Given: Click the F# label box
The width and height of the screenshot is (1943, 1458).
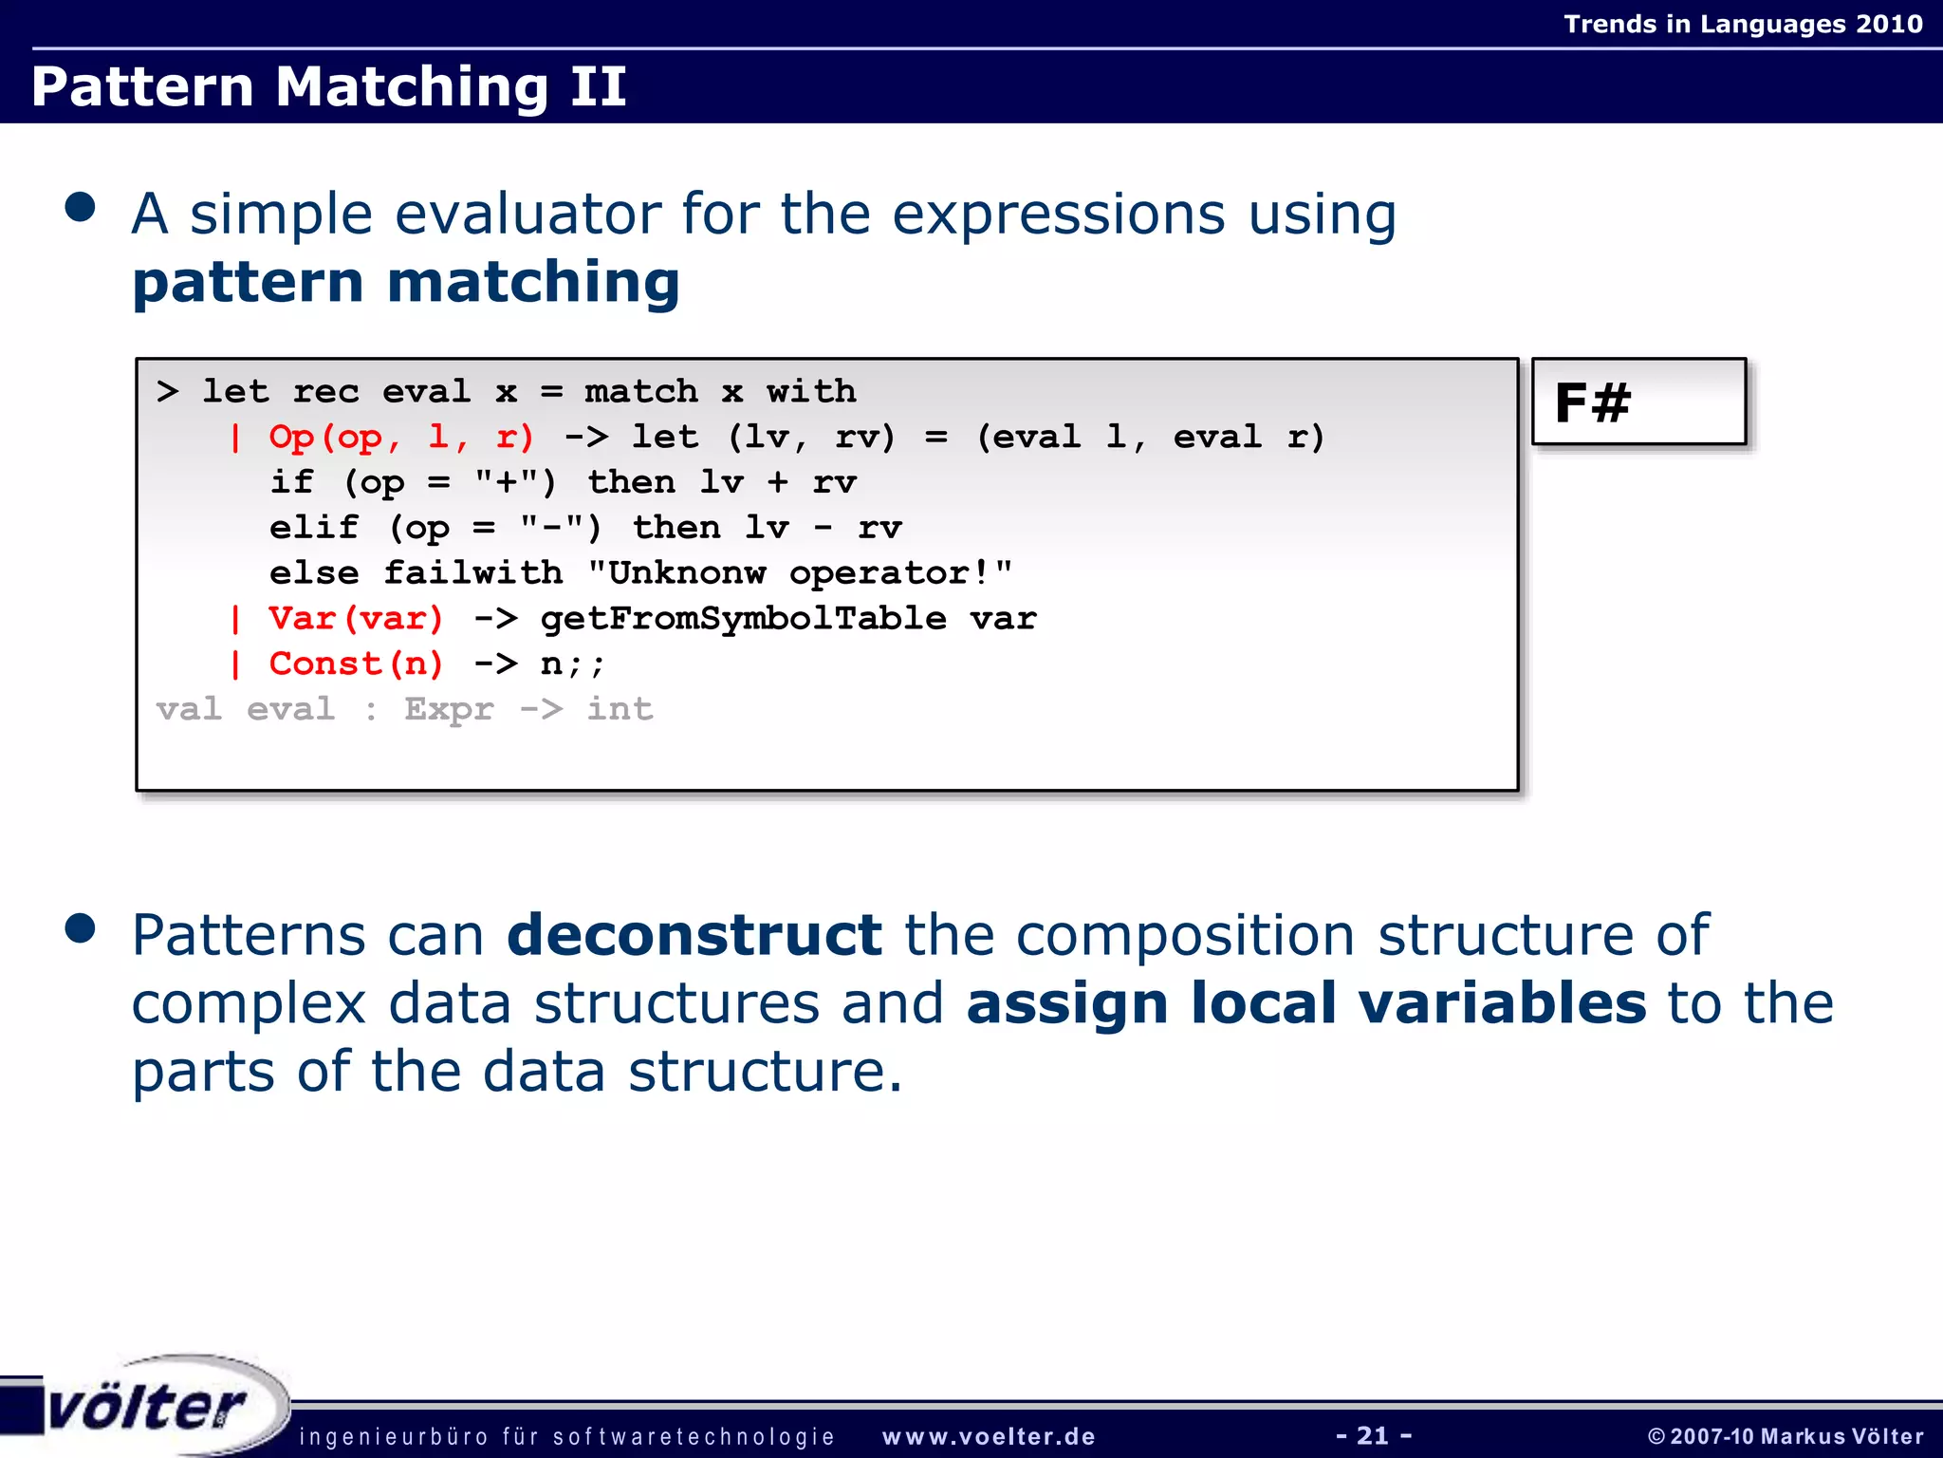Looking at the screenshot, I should pyautogui.click(x=1638, y=402).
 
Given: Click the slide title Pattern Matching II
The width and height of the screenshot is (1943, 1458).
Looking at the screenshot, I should pyautogui.click(x=328, y=86).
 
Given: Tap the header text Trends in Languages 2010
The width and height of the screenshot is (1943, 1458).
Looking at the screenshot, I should pyautogui.click(x=1743, y=24).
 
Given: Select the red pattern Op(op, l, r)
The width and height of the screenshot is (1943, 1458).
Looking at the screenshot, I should pyautogui.click(x=401, y=438).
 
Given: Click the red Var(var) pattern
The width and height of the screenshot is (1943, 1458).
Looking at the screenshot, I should pyautogui.click(x=356, y=619).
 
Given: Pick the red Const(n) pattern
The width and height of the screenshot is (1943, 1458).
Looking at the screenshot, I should pyautogui.click(x=356, y=664).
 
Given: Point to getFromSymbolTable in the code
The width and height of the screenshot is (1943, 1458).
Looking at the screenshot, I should pyautogui.click(x=743, y=619).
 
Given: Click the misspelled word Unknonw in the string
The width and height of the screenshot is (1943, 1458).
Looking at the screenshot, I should pyautogui.click(x=687, y=573).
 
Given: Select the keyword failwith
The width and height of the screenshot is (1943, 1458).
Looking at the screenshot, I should pyautogui.click(x=472, y=573).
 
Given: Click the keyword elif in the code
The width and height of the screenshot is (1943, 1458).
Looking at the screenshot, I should pyautogui.click(x=314, y=528).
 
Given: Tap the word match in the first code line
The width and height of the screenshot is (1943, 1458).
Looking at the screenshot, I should pyautogui.click(x=641, y=392).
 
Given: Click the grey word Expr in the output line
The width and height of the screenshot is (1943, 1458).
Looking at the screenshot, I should pyautogui.click(x=449, y=709).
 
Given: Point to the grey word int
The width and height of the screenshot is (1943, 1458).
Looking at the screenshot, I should pyautogui.click(x=620, y=709).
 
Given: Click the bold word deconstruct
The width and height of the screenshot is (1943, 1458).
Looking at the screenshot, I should pyautogui.click(x=694, y=935).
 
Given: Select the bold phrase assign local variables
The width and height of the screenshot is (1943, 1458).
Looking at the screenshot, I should pyautogui.click(x=1305, y=1003).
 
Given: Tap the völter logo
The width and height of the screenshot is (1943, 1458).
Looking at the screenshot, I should pyautogui.click(x=147, y=1407).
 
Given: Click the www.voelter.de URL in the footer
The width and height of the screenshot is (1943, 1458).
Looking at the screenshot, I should pyautogui.click(x=989, y=1437).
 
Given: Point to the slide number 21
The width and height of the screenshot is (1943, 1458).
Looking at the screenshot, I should pyautogui.click(x=1373, y=1435).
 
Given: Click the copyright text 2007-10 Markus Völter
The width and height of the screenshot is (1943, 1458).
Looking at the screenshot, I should pyautogui.click(x=1786, y=1437).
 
